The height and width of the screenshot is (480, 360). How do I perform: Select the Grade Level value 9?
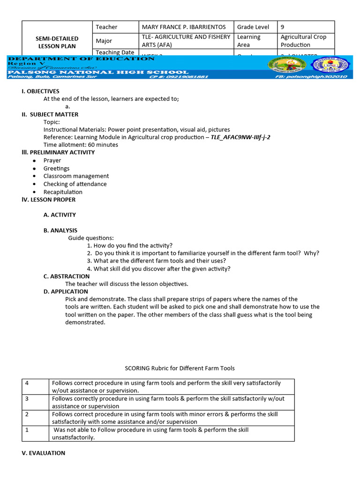[x=283, y=27]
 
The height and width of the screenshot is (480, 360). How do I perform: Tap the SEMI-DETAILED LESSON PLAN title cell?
[x=57, y=42]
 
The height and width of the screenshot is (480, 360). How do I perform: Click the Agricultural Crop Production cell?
[x=303, y=41]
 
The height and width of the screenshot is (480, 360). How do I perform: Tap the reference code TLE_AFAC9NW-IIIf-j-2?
[x=240, y=137]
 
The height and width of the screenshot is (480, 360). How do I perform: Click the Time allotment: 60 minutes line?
[x=81, y=145]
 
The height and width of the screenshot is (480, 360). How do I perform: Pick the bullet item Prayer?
[x=52, y=160]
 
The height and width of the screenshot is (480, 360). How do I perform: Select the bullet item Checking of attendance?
[x=75, y=184]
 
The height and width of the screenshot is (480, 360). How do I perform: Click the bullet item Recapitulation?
[x=63, y=192]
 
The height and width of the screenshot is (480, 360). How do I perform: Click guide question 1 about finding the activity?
[x=130, y=246]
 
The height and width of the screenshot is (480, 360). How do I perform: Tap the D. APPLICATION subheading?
[x=66, y=292]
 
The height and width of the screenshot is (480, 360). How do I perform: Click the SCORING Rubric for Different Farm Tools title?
[x=180, y=368]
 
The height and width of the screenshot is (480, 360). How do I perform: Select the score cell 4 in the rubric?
[x=27, y=383]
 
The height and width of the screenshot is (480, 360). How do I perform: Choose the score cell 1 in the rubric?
[x=27, y=430]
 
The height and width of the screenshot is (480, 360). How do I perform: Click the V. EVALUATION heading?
[x=43, y=453]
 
